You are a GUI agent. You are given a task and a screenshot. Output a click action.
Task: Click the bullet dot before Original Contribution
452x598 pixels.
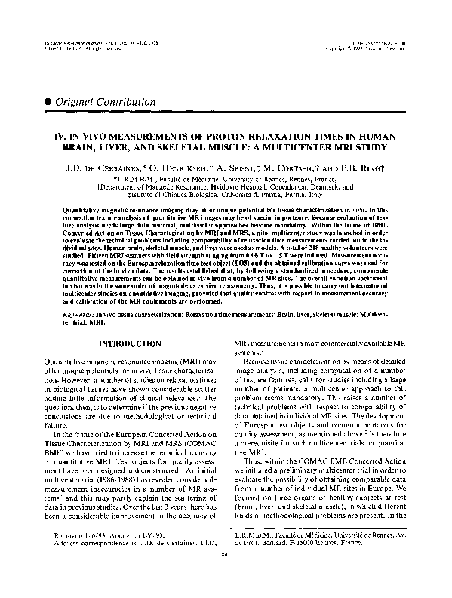point(48,100)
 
